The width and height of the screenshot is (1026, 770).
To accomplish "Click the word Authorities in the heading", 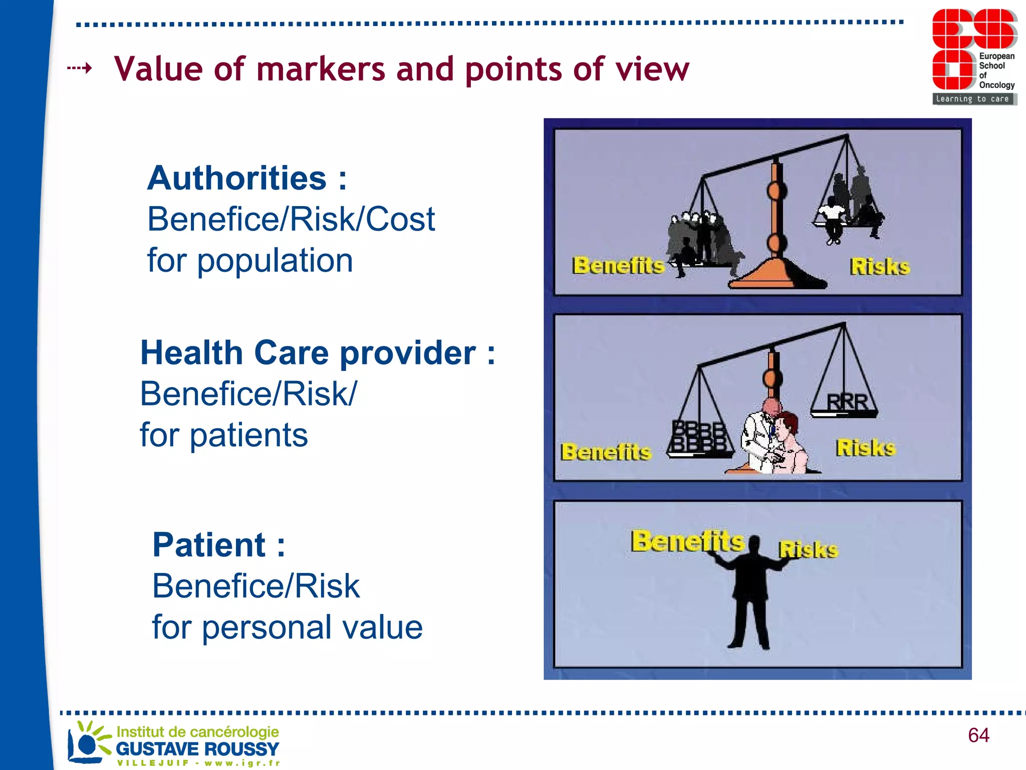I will [236, 178].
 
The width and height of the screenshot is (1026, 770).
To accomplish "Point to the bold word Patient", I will [209, 545].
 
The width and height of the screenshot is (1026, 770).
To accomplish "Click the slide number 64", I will [978, 735].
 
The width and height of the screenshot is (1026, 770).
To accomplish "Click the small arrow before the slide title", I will [80, 68].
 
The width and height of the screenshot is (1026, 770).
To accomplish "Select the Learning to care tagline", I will [972, 99].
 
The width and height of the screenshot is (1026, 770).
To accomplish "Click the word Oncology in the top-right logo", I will [996, 85].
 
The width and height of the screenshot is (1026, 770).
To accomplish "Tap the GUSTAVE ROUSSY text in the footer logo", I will [197, 748].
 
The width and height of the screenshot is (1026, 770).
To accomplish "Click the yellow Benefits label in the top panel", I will [618, 265].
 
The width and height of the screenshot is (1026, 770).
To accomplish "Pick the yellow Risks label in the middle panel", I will [865, 448].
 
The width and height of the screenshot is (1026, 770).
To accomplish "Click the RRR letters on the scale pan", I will [847, 402].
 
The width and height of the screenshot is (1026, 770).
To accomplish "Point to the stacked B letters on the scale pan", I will [698, 436].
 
